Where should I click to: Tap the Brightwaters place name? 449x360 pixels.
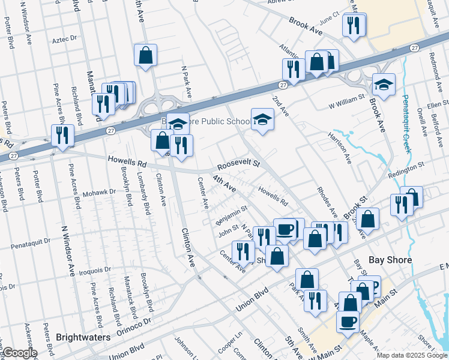[x=83, y=337]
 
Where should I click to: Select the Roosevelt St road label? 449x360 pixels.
[x=238, y=163]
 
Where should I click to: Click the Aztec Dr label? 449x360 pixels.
[x=65, y=38]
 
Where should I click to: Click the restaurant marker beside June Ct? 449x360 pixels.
[x=352, y=25]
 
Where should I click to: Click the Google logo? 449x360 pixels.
[x=20, y=353]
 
